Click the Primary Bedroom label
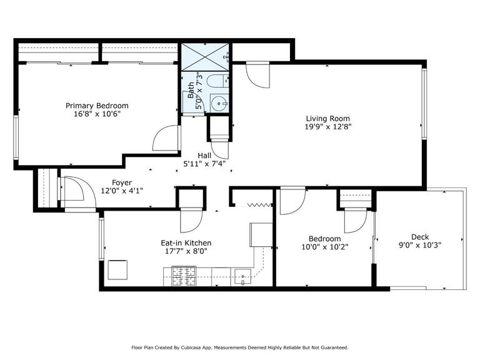point(97,106)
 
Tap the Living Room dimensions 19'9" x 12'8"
point(327,127)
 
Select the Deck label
point(419,236)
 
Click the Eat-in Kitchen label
point(186,243)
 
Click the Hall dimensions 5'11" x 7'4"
point(204,164)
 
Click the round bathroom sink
point(217,103)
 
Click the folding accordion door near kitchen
point(260,204)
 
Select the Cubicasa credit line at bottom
point(239,347)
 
